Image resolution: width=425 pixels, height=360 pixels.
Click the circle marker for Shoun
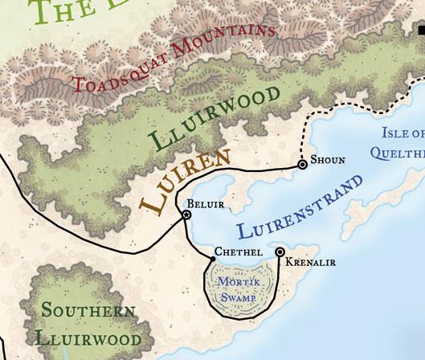(303, 164)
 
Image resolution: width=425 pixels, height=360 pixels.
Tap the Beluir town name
(206, 205)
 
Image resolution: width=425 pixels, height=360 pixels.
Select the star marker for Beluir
(186, 215)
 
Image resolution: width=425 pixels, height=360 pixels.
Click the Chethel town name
(239, 252)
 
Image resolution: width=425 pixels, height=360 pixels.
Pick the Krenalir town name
(310, 263)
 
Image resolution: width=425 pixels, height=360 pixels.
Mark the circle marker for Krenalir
(280, 252)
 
